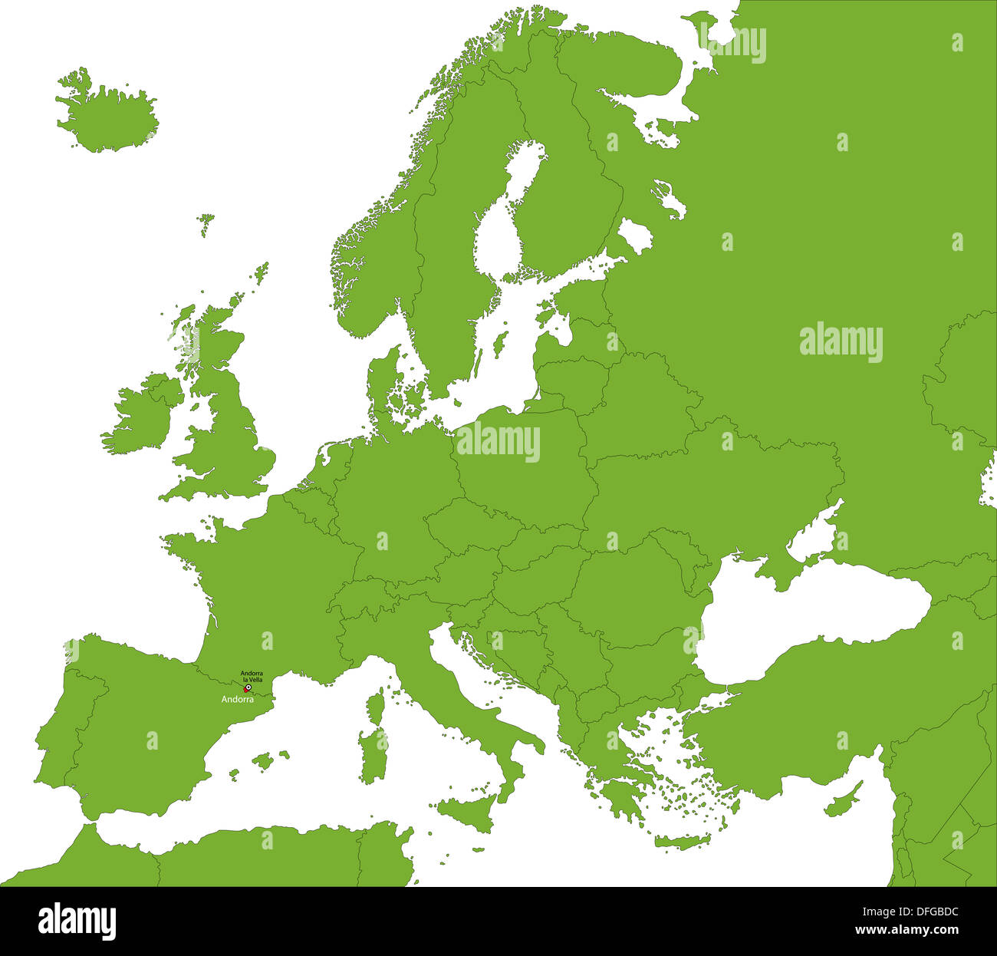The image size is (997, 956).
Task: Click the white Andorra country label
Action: click(x=237, y=700)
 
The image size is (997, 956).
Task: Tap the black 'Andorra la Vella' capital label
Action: click(x=252, y=676)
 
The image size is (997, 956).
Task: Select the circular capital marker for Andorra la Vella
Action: click(x=248, y=688)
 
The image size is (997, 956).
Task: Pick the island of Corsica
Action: click(x=376, y=707)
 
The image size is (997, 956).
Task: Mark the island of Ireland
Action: click(x=138, y=418)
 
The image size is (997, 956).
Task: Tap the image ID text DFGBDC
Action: click(x=926, y=912)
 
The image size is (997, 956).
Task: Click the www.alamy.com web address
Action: click(x=905, y=930)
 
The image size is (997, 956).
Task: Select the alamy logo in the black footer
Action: click(x=77, y=921)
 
